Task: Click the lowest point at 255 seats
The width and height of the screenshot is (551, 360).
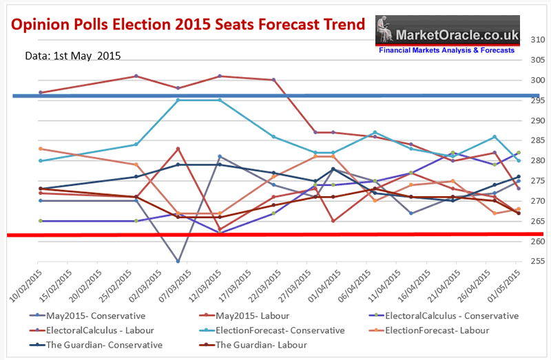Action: tap(178, 261)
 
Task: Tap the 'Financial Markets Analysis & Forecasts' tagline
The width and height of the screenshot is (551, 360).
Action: tap(446, 51)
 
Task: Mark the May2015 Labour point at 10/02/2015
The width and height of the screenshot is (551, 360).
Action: tap(41, 92)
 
